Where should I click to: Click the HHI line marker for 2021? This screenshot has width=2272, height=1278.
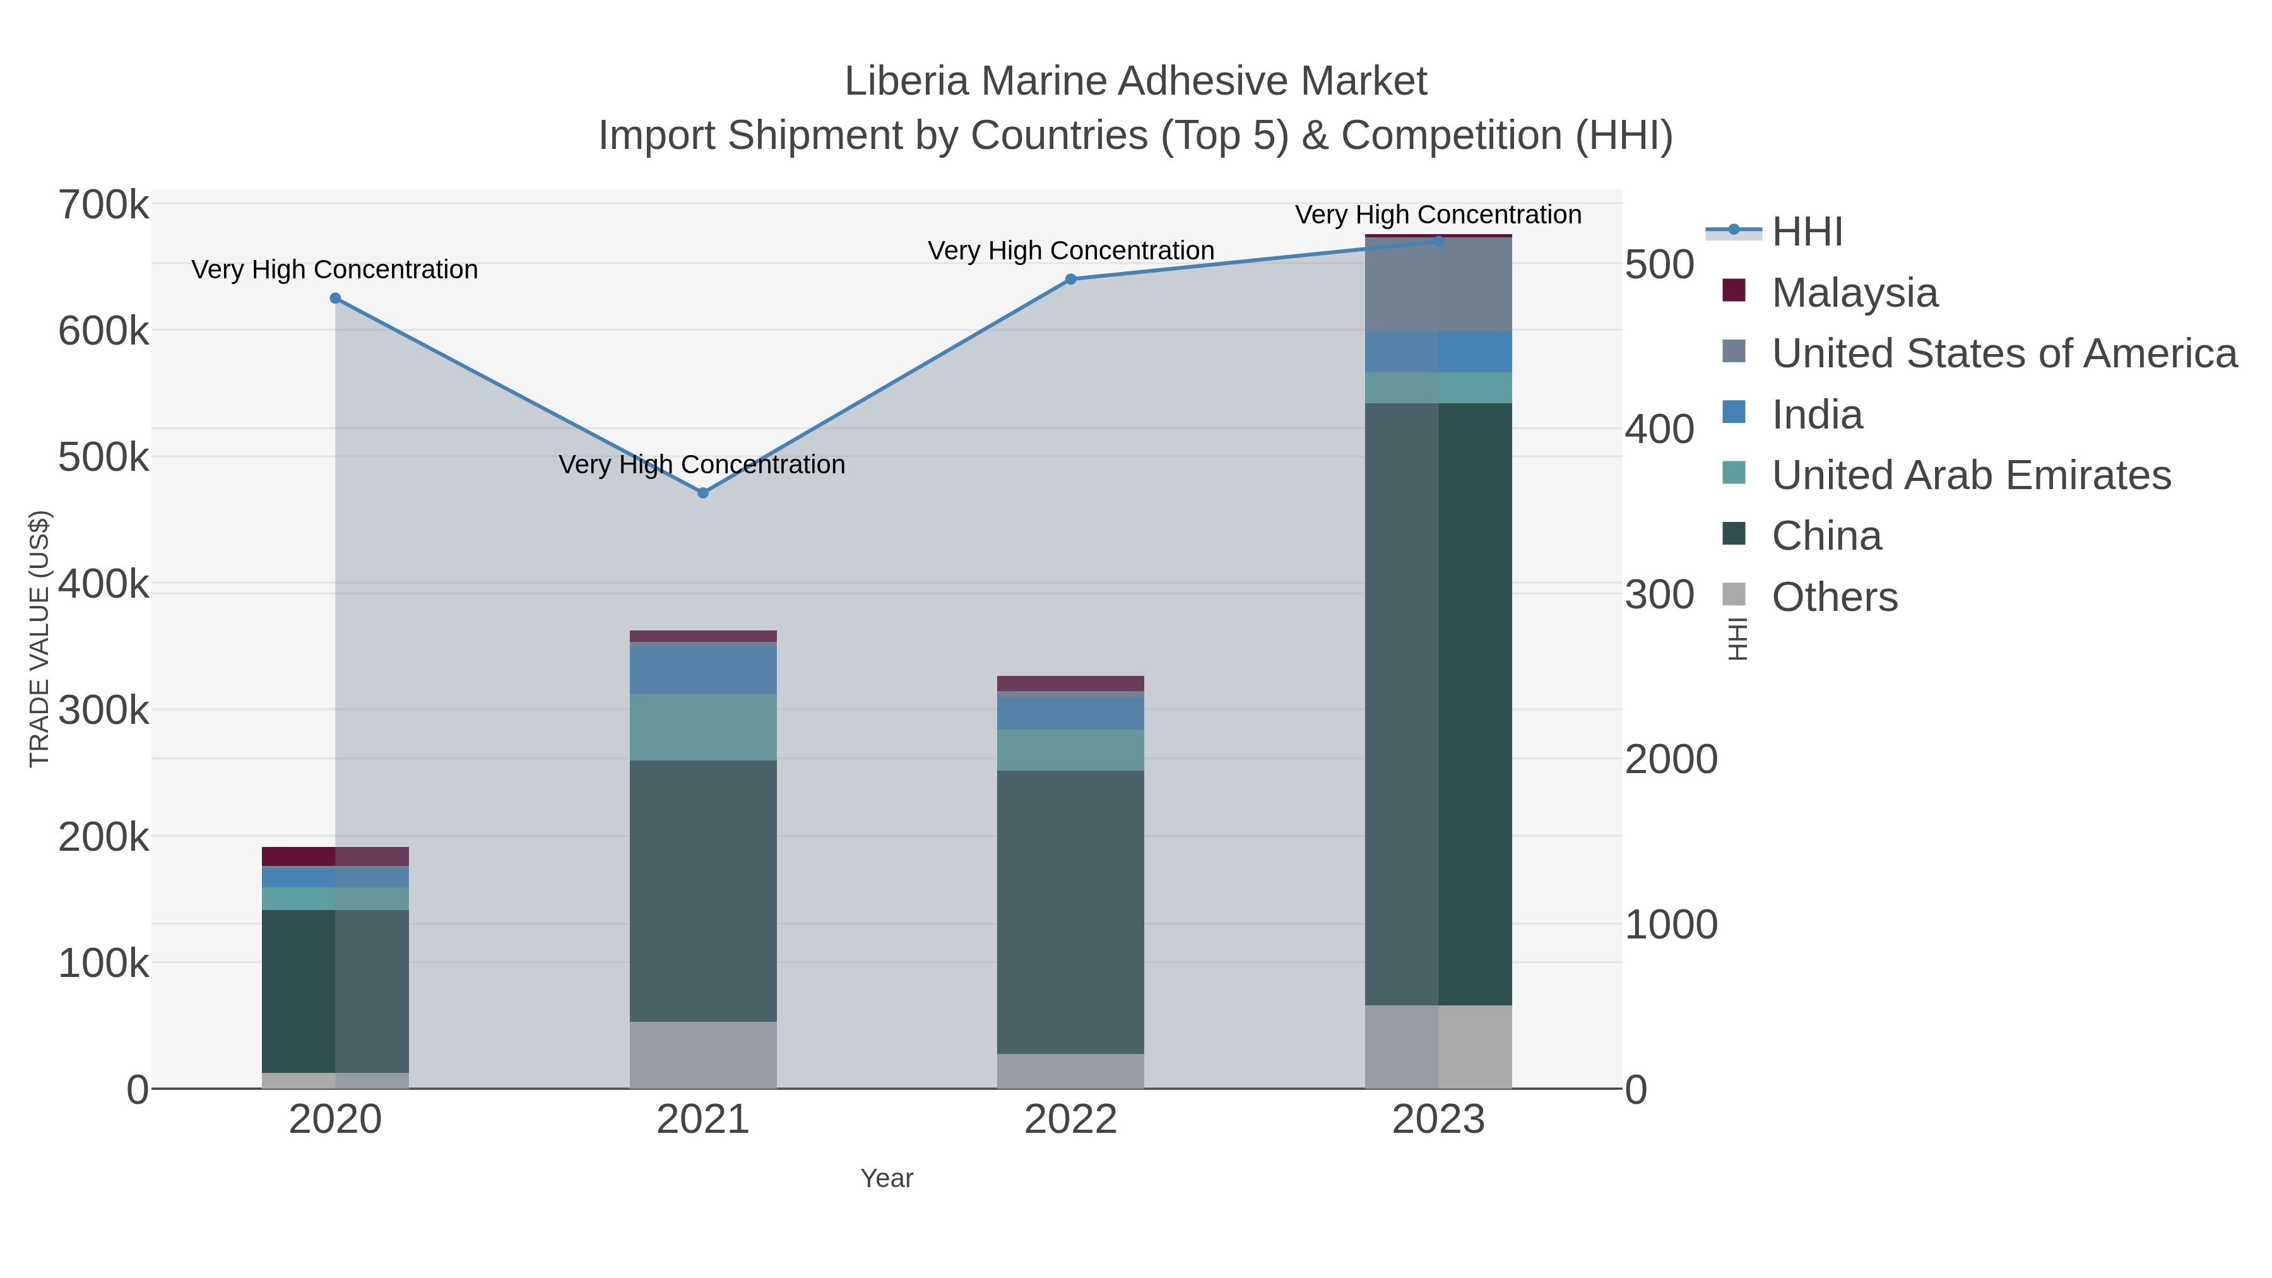(703, 493)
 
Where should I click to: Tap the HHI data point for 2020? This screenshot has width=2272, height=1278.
(335, 298)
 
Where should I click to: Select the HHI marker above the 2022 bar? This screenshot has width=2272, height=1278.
(1071, 280)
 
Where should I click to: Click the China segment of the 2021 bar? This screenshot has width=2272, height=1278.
(703, 890)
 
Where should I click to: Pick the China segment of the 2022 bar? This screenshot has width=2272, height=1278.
(1071, 912)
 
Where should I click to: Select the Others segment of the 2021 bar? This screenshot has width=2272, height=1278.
(703, 1055)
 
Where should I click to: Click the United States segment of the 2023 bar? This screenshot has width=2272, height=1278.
(1438, 285)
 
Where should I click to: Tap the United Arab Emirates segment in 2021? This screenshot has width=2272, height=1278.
(703, 727)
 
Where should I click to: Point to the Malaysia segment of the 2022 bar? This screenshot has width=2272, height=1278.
(1071, 683)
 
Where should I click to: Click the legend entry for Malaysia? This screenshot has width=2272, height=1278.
(1854, 293)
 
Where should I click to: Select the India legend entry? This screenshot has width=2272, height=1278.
(1817, 415)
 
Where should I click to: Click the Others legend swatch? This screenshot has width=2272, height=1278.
(1734, 595)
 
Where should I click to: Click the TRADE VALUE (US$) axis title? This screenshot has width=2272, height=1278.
(40, 639)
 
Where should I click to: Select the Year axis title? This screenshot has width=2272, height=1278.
(887, 1178)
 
